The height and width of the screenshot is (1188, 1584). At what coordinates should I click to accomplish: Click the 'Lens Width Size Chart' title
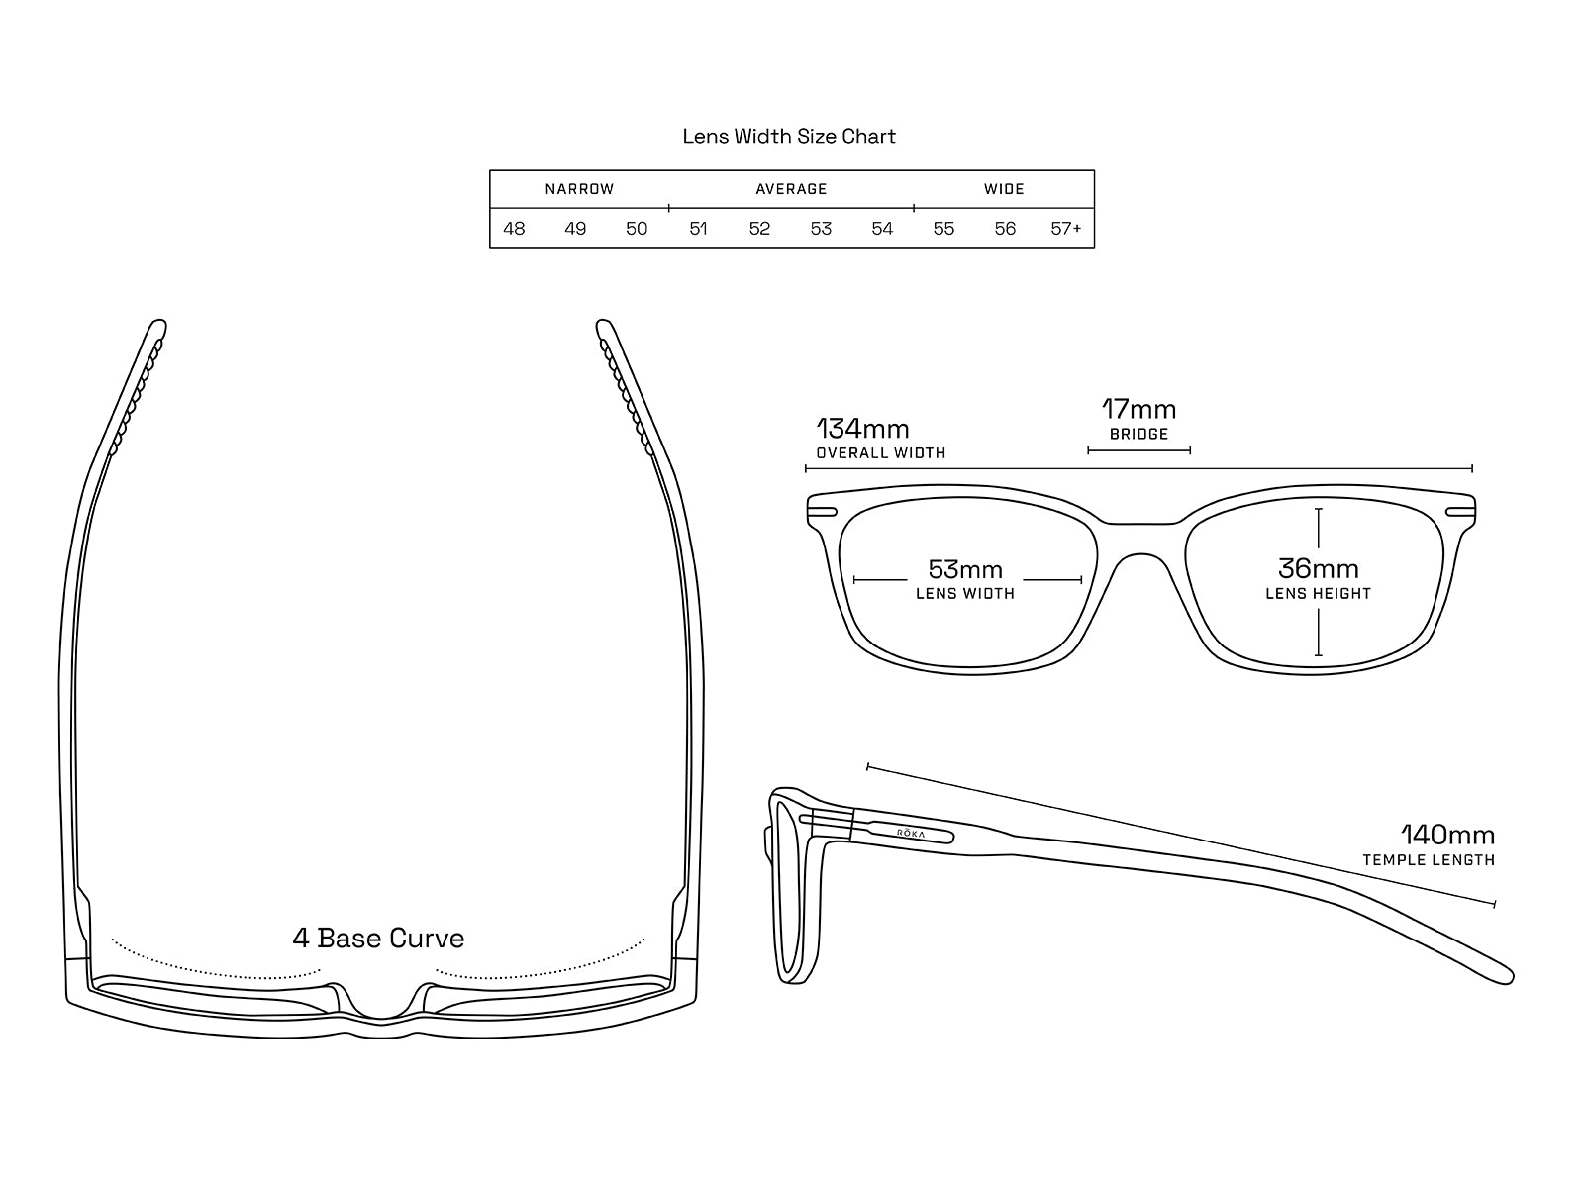click(x=789, y=136)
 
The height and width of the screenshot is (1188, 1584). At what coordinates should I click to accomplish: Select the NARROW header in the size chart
click(x=579, y=189)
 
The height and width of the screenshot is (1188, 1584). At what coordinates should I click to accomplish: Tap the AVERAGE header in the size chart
click(x=791, y=189)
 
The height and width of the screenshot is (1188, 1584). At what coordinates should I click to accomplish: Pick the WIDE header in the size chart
click(x=1004, y=189)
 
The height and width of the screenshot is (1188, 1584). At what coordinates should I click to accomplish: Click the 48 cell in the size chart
click(x=514, y=229)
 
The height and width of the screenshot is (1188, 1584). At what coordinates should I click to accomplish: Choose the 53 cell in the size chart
click(x=821, y=229)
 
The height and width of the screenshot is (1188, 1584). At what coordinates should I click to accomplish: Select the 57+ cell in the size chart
click(x=1066, y=229)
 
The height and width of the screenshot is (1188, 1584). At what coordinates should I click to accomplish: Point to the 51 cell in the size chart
click(x=698, y=229)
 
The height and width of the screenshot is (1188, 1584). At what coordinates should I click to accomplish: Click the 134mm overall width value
click(x=862, y=429)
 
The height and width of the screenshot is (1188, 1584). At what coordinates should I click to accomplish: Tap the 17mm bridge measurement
click(x=1138, y=409)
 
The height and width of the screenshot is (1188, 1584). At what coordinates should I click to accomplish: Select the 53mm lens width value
click(x=965, y=569)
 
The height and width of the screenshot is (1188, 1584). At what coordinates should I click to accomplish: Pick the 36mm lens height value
click(x=1318, y=568)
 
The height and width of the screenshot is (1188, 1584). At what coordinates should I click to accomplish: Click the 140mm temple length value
click(x=1447, y=835)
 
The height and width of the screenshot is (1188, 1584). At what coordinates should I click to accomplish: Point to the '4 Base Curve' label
click(x=378, y=938)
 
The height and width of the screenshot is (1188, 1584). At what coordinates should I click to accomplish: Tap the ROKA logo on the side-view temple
click(x=911, y=834)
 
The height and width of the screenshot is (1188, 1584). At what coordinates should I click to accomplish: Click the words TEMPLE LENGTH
click(x=1429, y=860)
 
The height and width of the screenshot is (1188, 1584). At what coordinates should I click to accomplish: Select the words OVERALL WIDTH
click(x=880, y=453)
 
